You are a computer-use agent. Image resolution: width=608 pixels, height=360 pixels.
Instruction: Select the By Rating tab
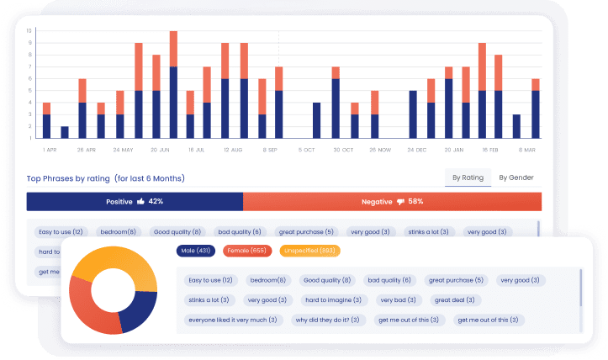[x=468, y=177]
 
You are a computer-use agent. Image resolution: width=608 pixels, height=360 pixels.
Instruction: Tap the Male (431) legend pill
[x=195, y=251]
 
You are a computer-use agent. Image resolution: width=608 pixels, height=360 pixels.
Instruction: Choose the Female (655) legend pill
[x=247, y=251]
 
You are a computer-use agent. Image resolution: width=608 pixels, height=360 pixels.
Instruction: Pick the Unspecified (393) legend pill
[x=310, y=251]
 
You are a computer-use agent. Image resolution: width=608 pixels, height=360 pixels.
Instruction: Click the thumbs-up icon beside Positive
[x=140, y=202]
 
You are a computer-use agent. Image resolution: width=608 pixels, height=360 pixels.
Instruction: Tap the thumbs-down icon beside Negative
[x=400, y=202]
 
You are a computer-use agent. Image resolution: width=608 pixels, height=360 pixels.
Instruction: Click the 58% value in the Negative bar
[x=415, y=202]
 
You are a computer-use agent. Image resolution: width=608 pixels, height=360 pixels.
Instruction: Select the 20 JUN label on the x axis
[x=159, y=150]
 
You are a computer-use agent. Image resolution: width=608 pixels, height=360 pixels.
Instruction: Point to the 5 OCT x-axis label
[x=306, y=150]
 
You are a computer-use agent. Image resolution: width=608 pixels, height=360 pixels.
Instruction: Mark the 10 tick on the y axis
[x=29, y=31]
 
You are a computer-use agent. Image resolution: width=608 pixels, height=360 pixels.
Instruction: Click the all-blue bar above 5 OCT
[x=316, y=120]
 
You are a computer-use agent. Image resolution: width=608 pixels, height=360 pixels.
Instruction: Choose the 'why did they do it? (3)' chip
[x=327, y=320]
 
